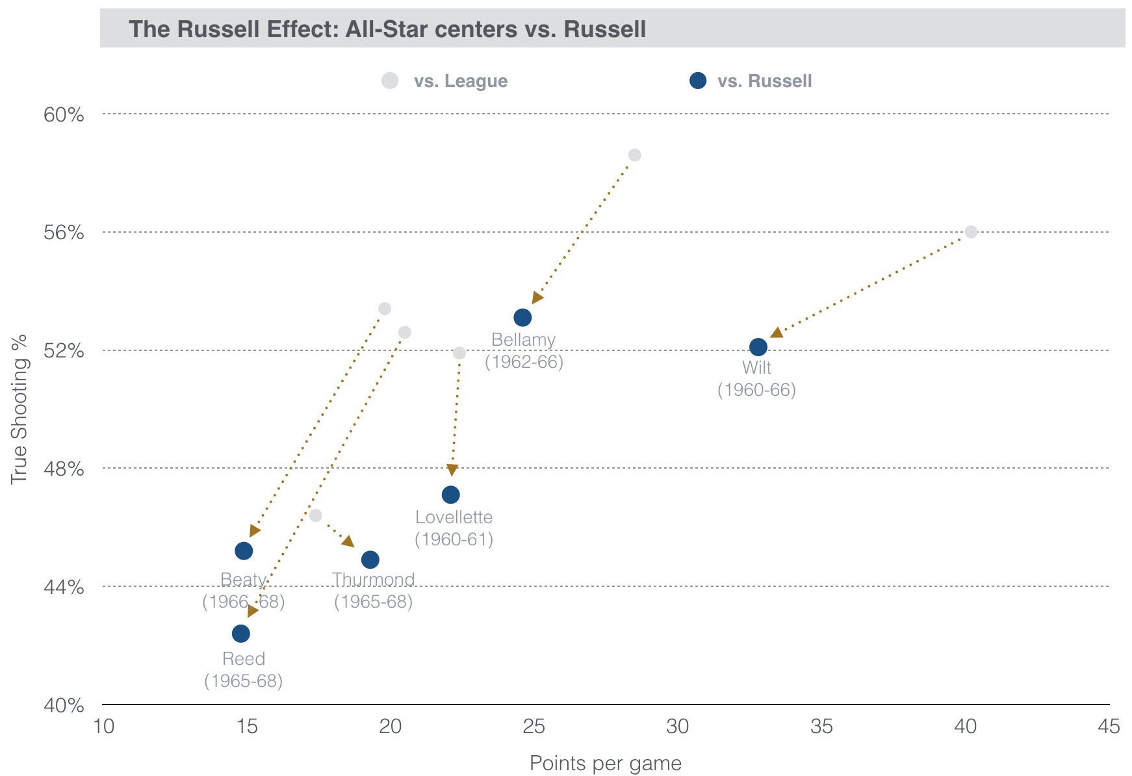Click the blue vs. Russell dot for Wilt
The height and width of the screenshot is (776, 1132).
coord(758,347)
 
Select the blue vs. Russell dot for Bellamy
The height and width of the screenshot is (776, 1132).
coord(522,318)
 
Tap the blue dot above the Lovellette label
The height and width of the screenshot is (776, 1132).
coord(450,495)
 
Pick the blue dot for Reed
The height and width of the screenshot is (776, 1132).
coord(241,633)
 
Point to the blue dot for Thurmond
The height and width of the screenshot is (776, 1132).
coord(370,560)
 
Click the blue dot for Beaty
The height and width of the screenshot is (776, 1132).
coord(244,551)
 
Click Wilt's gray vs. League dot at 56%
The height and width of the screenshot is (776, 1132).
coord(971,232)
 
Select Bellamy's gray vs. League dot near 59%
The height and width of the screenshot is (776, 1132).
coord(635,155)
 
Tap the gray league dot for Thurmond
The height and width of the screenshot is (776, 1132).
coord(316,515)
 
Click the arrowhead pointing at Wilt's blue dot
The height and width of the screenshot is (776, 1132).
coord(776,333)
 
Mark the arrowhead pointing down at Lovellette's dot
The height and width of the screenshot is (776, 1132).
coord(452,470)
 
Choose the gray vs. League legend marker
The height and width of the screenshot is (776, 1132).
coord(390,81)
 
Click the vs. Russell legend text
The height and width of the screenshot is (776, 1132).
coord(764,81)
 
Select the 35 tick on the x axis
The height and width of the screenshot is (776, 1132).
coord(821,726)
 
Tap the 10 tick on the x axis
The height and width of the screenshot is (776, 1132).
coord(103,726)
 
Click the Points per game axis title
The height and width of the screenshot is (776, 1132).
coord(605,763)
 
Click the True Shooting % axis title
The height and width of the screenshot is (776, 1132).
coord(19,409)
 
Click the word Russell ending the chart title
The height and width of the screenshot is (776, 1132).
coord(605,29)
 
